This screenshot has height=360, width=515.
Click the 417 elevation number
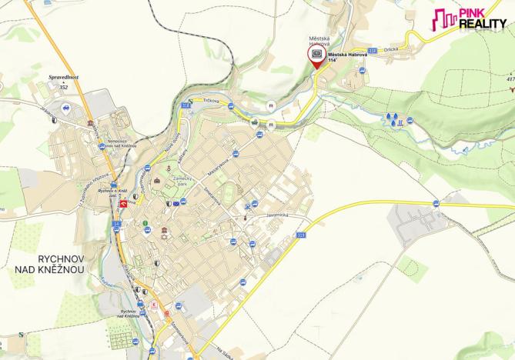510,78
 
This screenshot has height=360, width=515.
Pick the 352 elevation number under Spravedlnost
64,87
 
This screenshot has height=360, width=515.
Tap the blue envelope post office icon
176,202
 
